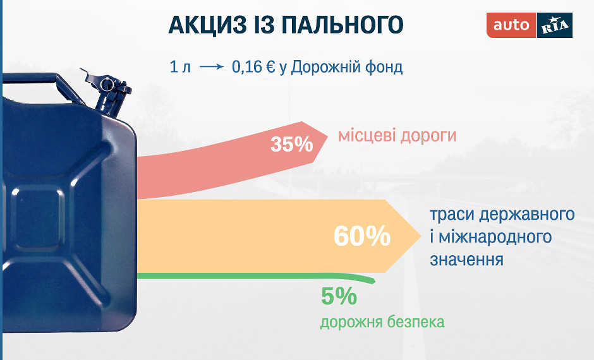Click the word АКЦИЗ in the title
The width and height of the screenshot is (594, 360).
pyautogui.click(x=203, y=25)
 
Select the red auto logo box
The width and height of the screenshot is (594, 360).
pyautogui.click(x=511, y=25)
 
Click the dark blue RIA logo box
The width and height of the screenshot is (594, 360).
pyautogui.click(x=555, y=25)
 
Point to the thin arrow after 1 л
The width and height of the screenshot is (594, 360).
pyautogui.click(x=212, y=67)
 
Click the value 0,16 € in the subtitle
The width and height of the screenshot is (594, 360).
pyautogui.click(x=253, y=67)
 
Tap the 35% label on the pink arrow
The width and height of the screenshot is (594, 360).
pyautogui.click(x=292, y=144)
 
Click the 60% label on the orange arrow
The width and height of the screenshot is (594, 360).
pyautogui.click(x=362, y=236)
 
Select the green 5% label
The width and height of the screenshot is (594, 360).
pyautogui.click(x=339, y=296)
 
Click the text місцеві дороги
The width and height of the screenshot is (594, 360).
pyautogui.click(x=397, y=136)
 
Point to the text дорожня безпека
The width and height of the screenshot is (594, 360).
pyautogui.click(x=382, y=322)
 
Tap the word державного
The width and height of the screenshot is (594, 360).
pyautogui.click(x=526, y=215)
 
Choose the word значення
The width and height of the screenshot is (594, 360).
pyautogui.click(x=467, y=260)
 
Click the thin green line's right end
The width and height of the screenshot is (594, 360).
pyautogui.click(x=374, y=281)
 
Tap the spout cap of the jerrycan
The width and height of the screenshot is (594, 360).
pyautogui.click(x=108, y=85)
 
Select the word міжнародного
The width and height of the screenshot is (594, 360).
pyautogui.click(x=491, y=237)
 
